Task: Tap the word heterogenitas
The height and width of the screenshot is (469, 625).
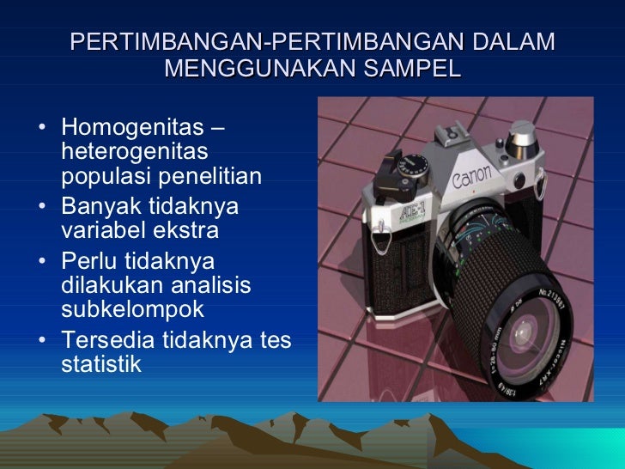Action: coord(135,152)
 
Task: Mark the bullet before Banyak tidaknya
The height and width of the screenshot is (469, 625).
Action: coord(43,208)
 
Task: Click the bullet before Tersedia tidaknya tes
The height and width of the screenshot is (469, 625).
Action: coord(43,340)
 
